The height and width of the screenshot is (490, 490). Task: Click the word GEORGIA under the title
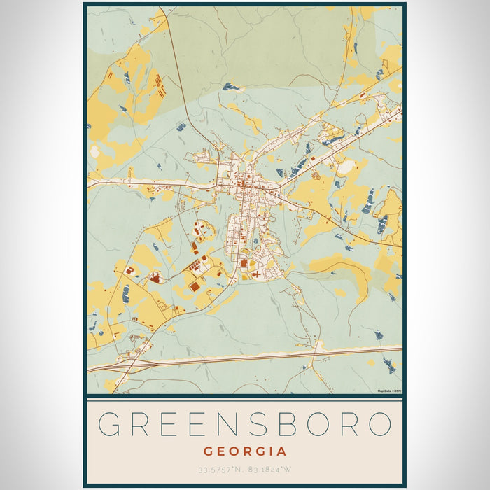244,451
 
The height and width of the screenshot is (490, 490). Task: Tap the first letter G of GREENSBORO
111,425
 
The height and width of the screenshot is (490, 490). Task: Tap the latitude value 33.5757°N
218,470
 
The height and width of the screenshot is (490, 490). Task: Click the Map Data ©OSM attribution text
388,391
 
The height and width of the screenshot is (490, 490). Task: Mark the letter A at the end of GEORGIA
282,451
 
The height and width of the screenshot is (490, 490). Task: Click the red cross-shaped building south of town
258,275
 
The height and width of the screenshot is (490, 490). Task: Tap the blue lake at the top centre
232,87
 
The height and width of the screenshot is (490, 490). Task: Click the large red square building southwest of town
194,286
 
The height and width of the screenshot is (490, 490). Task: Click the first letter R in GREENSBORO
141,425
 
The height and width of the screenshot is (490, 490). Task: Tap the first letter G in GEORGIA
208,451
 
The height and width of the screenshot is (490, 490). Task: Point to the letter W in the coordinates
289,470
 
